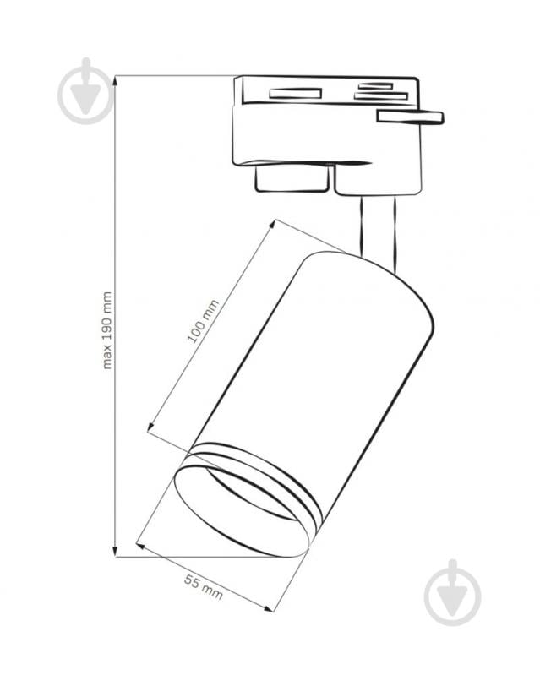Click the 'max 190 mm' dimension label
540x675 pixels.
pos(107,330)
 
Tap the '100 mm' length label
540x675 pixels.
pos(203,321)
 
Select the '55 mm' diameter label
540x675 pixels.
pos(204,587)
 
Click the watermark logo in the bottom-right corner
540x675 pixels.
pos(452,593)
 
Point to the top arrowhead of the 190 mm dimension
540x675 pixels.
pos(115,83)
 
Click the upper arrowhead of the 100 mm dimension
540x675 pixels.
pos(272,226)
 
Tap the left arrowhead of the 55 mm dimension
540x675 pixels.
pos(142,547)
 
